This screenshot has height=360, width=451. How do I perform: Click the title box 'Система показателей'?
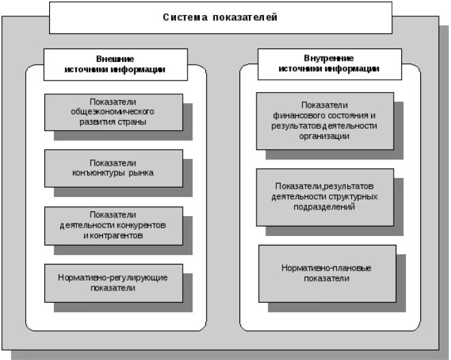click(x=220, y=18)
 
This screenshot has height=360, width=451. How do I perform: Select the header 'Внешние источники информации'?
click(x=115, y=64)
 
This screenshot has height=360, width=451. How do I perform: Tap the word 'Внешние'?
click(x=115, y=59)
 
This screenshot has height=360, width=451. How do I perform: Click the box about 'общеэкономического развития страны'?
click(x=114, y=112)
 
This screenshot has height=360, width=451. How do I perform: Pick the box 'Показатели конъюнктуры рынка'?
click(x=114, y=168)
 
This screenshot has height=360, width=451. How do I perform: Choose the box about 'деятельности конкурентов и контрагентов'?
click(x=114, y=225)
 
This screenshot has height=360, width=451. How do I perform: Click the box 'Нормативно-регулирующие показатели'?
click(x=114, y=282)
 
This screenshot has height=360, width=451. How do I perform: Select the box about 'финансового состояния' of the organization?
click(x=324, y=121)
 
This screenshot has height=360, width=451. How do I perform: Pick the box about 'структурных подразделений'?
click(x=325, y=196)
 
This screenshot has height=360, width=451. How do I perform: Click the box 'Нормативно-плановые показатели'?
click(x=327, y=273)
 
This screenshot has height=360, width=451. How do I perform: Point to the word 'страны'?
click(x=134, y=122)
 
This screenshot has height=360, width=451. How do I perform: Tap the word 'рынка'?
click(x=141, y=172)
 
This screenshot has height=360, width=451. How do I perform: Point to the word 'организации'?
click(x=324, y=136)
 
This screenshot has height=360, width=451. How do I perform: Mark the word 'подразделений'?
click(x=325, y=207)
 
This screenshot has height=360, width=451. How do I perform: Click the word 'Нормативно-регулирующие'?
click(x=113, y=277)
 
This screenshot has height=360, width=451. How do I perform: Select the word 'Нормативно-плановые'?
click(x=327, y=268)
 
